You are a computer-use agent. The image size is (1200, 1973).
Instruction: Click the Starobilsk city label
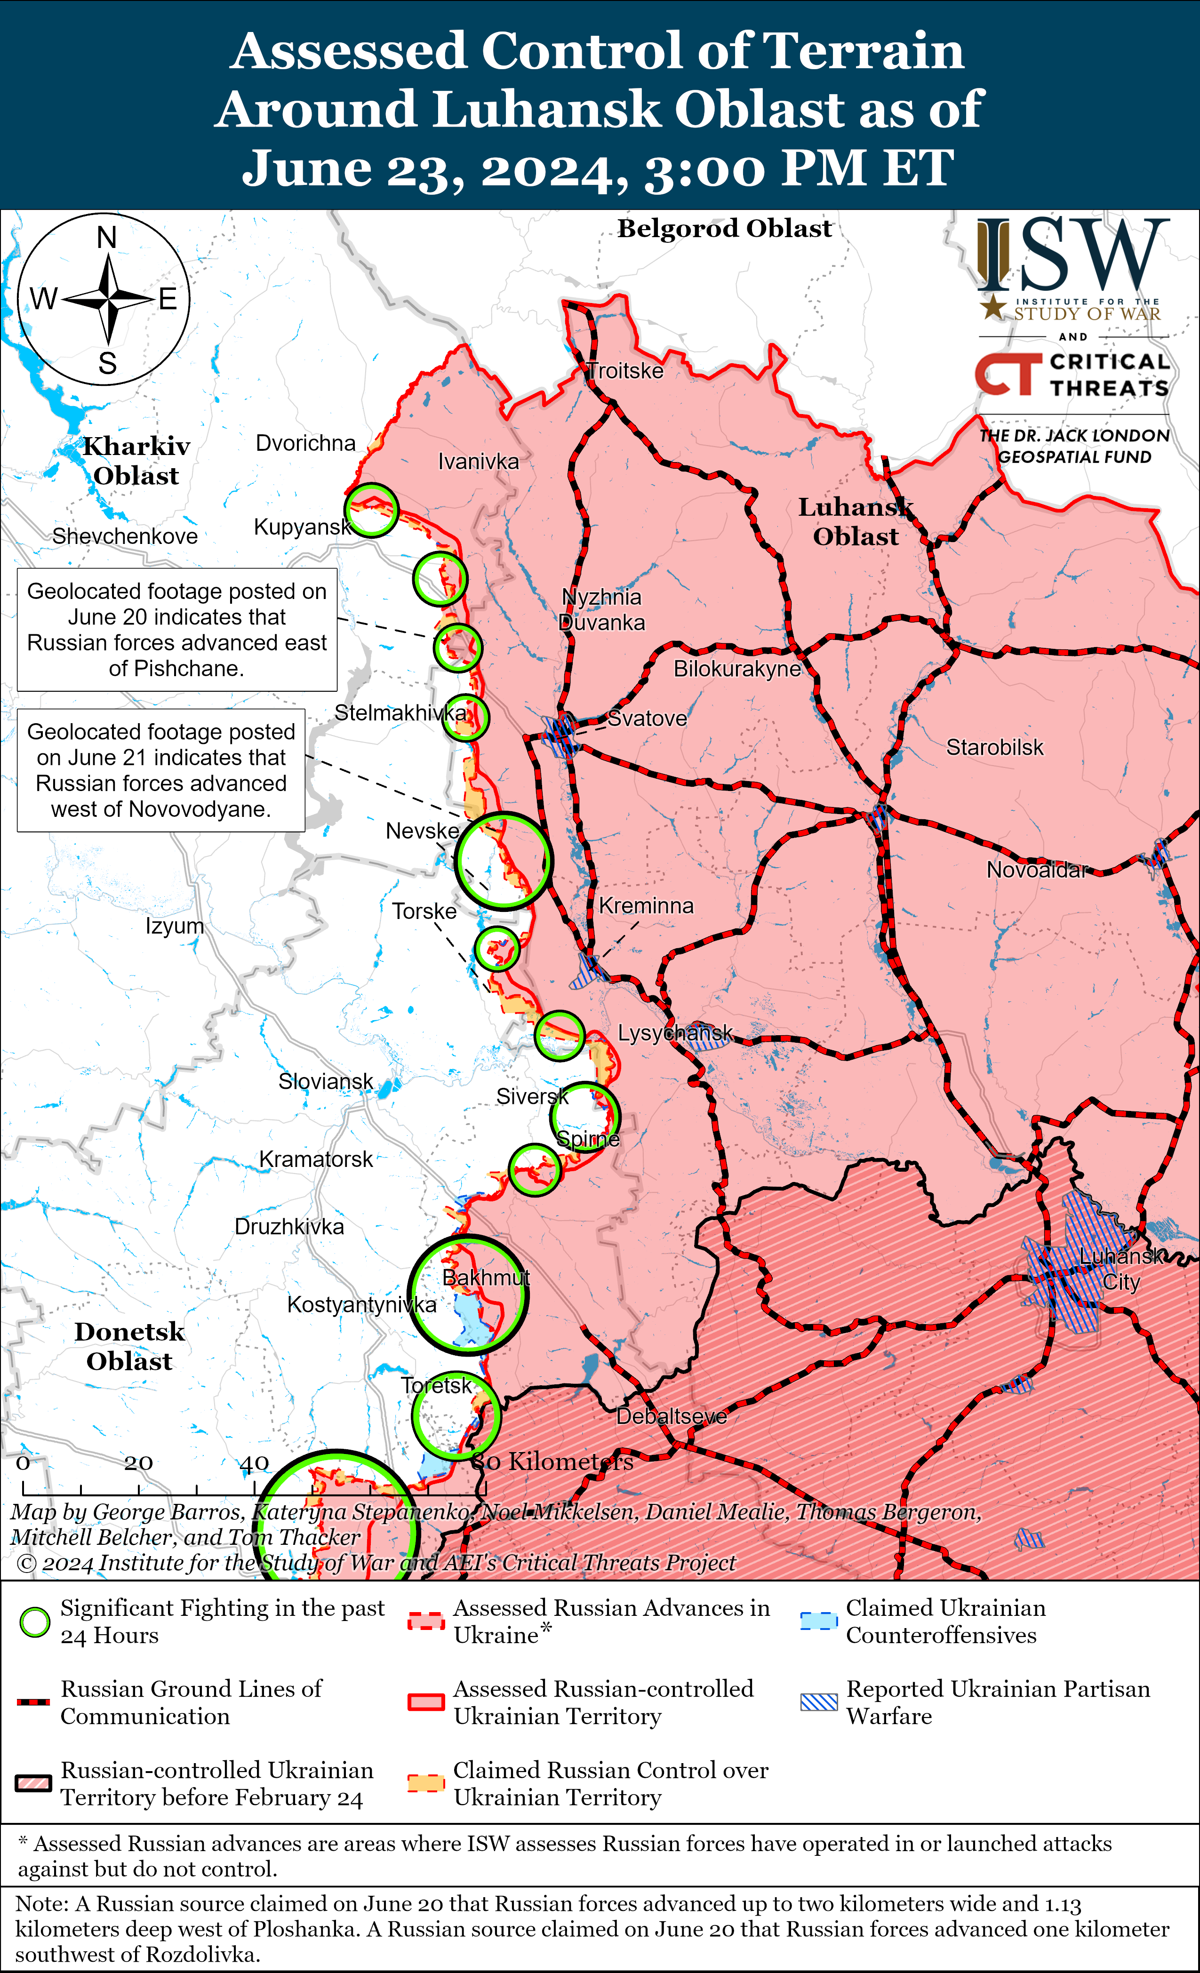pyautogui.click(x=994, y=747)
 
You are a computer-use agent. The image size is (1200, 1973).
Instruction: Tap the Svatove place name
pyautogui.click(x=647, y=718)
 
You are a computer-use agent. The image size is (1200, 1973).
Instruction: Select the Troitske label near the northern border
pyautogui.click(x=625, y=371)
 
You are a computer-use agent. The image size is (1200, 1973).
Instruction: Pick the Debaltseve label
pyautogui.click(x=672, y=1416)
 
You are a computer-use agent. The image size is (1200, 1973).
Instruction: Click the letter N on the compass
pyautogui.click(x=106, y=238)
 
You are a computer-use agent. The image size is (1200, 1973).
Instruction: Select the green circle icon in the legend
pyautogui.click(x=34, y=1622)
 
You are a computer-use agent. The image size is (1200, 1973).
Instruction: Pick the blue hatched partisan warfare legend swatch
pyautogui.click(x=819, y=1702)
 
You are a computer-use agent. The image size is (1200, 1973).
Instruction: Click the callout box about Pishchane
pyautogui.click(x=177, y=630)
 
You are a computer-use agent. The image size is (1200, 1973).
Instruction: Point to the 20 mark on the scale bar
pyautogui.click(x=138, y=1463)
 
